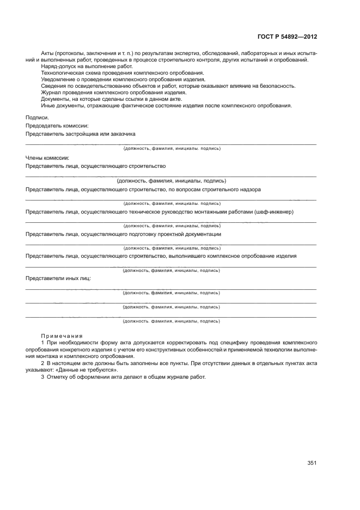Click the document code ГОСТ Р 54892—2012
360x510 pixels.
pyautogui.click(x=286, y=37)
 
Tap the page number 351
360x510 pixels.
pyautogui.click(x=312, y=463)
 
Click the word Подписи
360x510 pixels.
pyautogui.click(x=37, y=118)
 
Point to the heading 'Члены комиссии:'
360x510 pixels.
pyautogui.click(x=47, y=158)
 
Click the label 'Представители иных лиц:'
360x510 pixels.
pyautogui.click(x=58, y=278)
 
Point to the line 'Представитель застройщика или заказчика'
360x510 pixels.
pyautogui.click(x=81, y=133)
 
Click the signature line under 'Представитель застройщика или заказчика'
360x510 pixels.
pyautogui.click(x=171, y=144)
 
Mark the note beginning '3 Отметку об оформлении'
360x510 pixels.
pyautogui.click(x=124, y=377)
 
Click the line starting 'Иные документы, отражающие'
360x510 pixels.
pyautogui.click(x=166, y=106)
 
